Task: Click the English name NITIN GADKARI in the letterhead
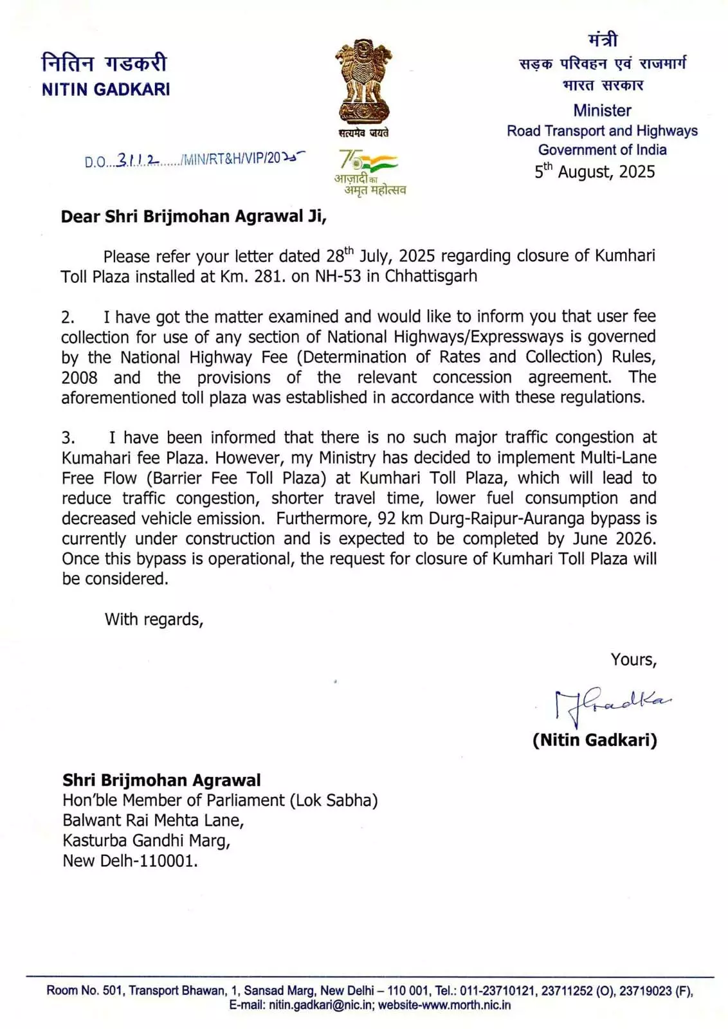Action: pyautogui.click(x=105, y=89)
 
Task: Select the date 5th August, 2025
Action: pyautogui.click(x=595, y=172)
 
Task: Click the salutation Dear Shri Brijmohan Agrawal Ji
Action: pyautogui.click(x=194, y=216)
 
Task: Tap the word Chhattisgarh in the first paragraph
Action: pyautogui.click(x=431, y=277)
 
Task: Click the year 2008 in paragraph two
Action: pyautogui.click(x=79, y=378)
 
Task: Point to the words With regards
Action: pyautogui.click(x=154, y=619)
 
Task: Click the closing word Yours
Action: pyautogui.click(x=633, y=660)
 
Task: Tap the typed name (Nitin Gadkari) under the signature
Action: pyautogui.click(x=595, y=740)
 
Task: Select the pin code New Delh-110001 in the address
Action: pyautogui.click(x=130, y=861)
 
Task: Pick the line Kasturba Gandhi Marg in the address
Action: pyautogui.click(x=146, y=841)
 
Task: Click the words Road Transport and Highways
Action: pyautogui.click(x=602, y=131)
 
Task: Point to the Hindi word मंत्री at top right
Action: pyautogui.click(x=603, y=40)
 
